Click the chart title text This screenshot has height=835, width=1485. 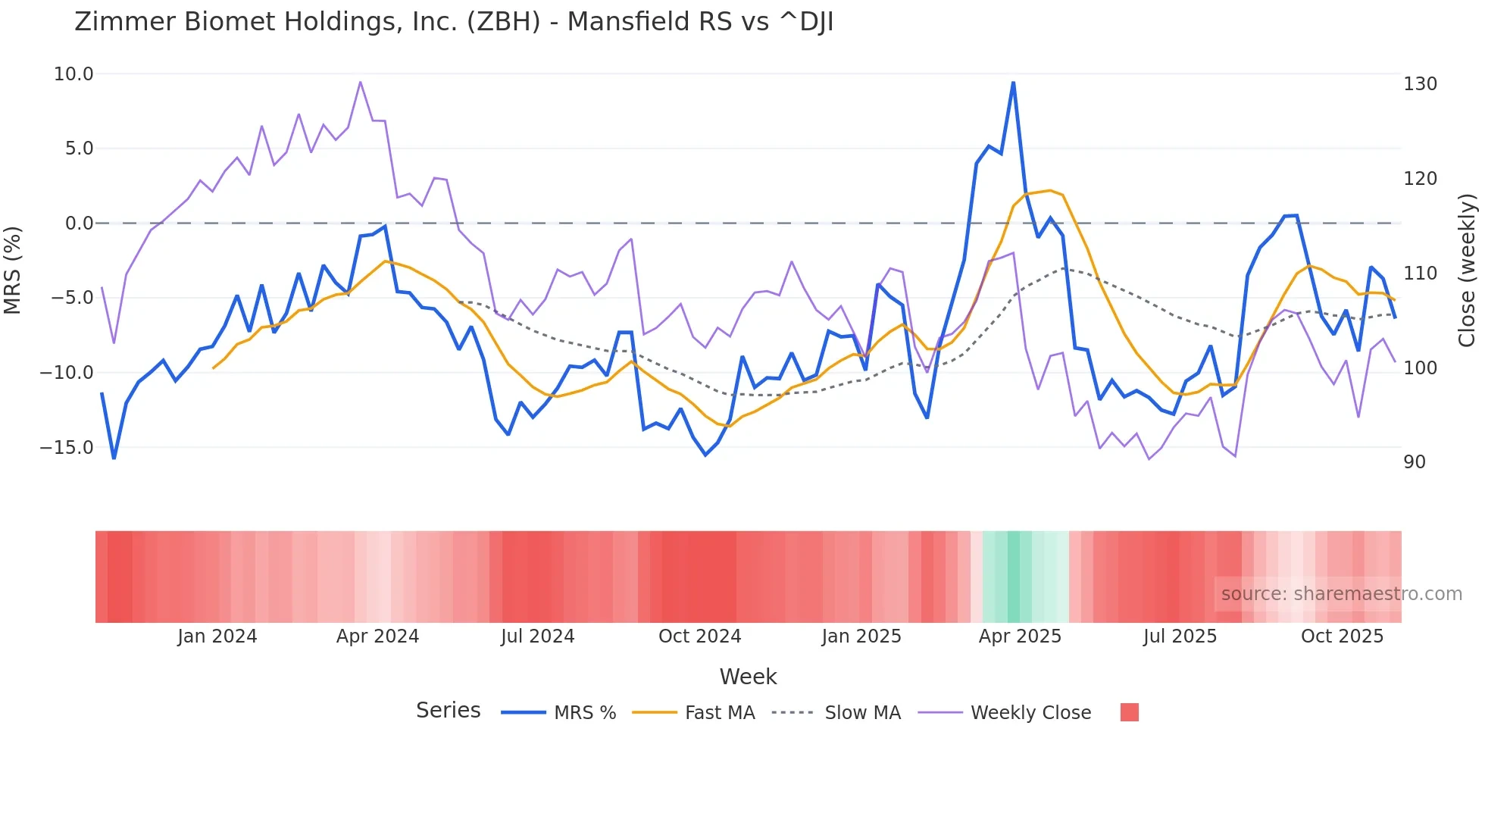click(x=454, y=22)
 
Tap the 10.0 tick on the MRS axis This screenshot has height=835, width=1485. click(x=73, y=74)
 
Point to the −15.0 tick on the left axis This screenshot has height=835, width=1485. click(x=67, y=448)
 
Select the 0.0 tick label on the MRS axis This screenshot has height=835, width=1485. click(x=79, y=224)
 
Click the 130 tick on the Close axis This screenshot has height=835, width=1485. click(x=1420, y=84)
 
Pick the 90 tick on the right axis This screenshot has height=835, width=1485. click(x=1415, y=462)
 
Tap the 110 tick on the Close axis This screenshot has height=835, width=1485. click(x=1420, y=274)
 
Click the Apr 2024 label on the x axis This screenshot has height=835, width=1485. click(x=377, y=636)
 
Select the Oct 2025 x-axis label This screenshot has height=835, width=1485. click(x=1342, y=636)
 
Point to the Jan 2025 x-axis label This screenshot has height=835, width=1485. click(x=861, y=636)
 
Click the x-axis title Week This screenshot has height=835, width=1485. click(x=748, y=677)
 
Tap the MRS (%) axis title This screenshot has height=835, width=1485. click(x=13, y=271)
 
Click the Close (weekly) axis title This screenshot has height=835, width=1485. click(x=1468, y=271)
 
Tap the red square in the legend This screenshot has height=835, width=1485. click(x=1129, y=712)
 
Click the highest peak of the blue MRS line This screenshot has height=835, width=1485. click(x=1013, y=83)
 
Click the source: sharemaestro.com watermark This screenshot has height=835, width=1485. click(x=1341, y=594)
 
